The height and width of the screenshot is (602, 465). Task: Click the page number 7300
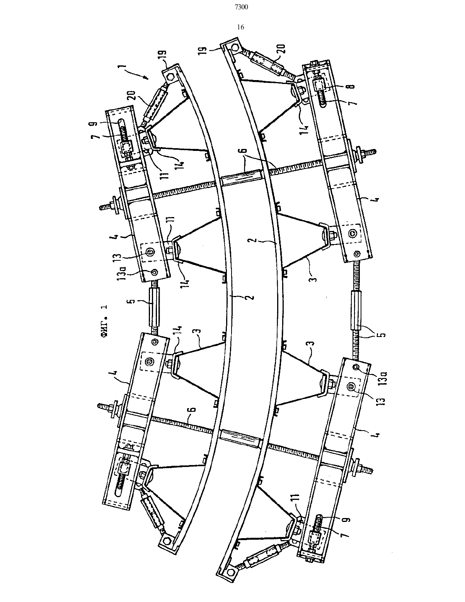point(241,7)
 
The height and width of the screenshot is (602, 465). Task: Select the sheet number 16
point(240,27)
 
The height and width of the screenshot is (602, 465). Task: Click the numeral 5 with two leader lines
point(382,334)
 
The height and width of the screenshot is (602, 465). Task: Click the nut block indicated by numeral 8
point(318,84)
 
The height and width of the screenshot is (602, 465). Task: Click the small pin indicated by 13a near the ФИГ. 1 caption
point(155,273)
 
